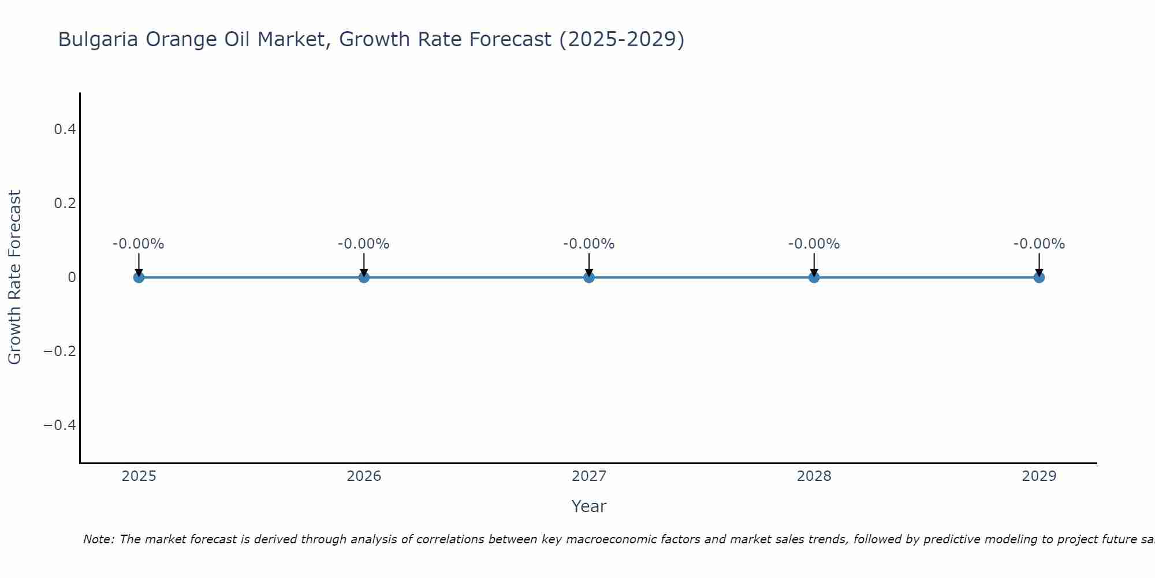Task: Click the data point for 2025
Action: tap(139, 277)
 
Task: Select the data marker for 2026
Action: tap(364, 277)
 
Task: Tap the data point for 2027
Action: tap(589, 277)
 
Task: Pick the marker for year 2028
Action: tap(814, 277)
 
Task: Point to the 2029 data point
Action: tap(1039, 277)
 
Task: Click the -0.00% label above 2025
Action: tap(139, 244)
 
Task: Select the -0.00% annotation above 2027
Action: tap(589, 244)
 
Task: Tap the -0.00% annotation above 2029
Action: tap(1039, 244)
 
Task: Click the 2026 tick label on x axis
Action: tap(364, 476)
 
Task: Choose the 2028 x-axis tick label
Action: tap(814, 476)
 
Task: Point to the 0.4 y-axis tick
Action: tap(65, 129)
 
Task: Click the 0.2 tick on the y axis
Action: tap(65, 203)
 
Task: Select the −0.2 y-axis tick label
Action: tap(60, 351)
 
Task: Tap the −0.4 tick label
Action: tap(60, 425)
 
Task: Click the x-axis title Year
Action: tap(588, 506)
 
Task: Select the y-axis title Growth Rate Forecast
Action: tap(14, 277)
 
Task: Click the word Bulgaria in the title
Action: tap(98, 40)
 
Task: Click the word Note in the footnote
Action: tap(99, 539)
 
